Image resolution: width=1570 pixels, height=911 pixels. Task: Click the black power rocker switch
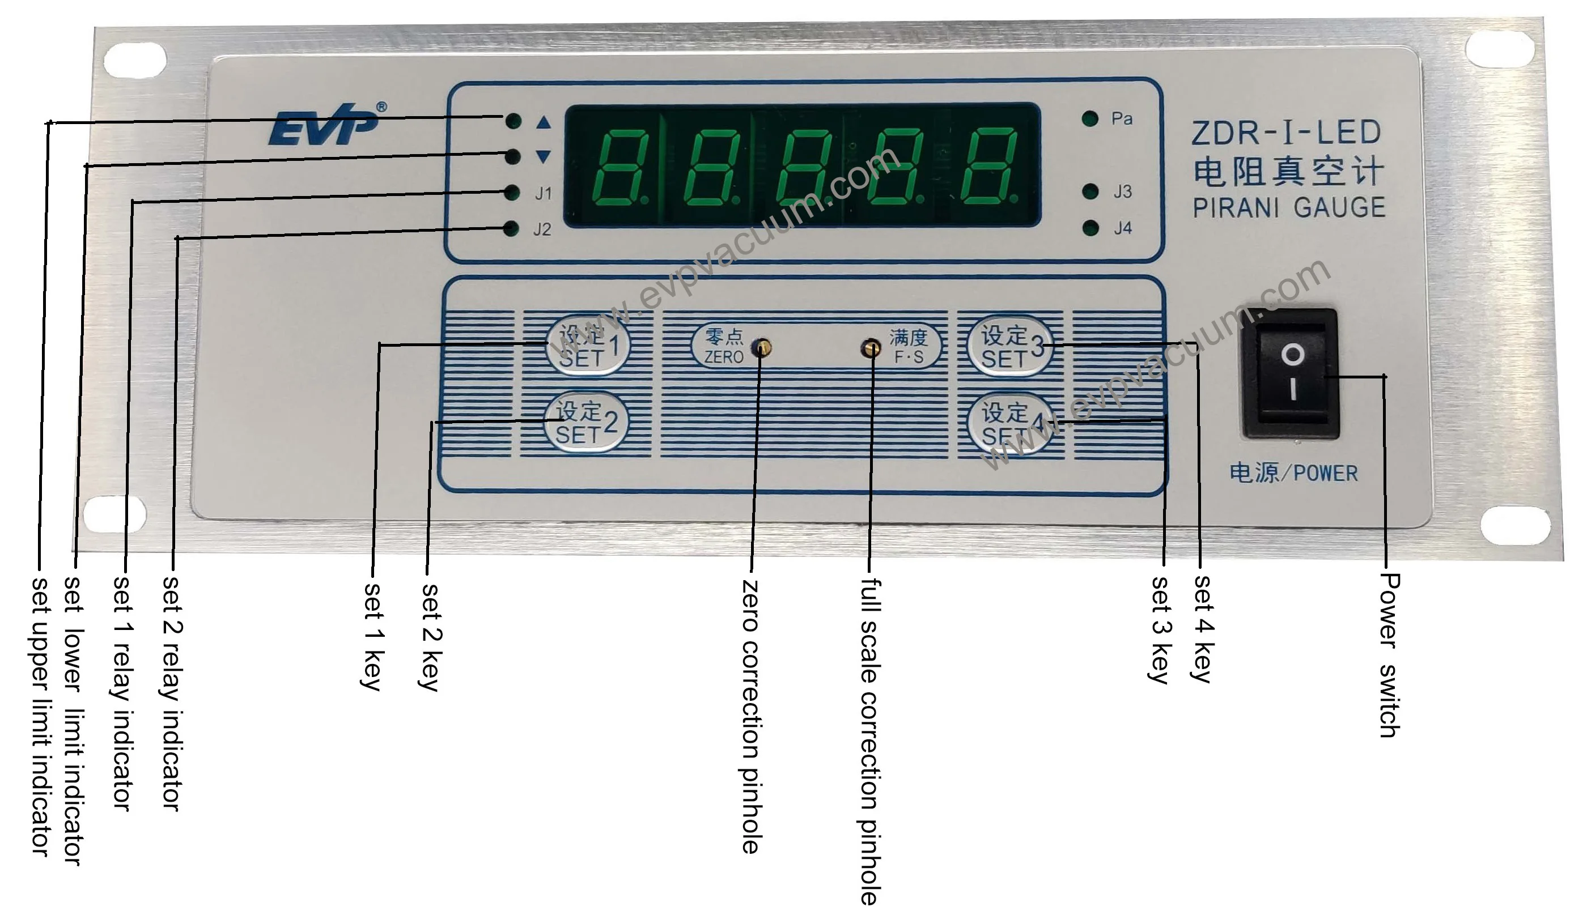1292,372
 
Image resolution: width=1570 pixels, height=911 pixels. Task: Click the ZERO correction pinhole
761,347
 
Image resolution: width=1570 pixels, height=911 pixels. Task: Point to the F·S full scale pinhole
871,347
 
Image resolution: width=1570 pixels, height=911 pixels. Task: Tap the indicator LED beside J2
511,229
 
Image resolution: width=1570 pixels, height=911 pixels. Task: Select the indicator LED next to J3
1090,191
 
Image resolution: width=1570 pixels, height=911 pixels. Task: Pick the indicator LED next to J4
1090,228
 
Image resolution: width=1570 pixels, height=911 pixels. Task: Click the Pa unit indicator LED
1090,118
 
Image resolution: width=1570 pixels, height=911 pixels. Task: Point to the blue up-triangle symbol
544,122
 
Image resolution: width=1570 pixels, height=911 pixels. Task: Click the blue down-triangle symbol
544,156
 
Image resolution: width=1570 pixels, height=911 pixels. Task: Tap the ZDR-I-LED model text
1286,133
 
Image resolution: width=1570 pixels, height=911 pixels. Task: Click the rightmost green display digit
988,168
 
